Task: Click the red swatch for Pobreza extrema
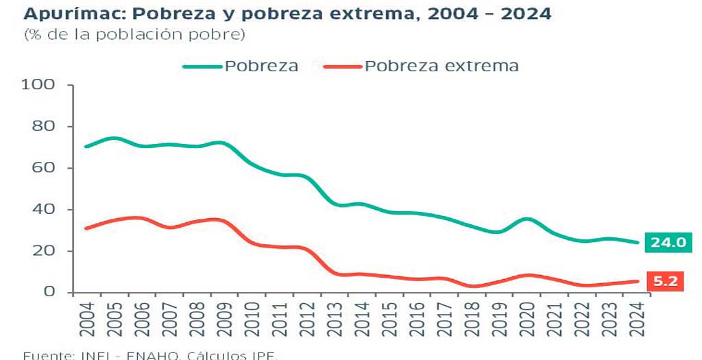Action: [341, 67]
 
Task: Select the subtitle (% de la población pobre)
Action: [134, 34]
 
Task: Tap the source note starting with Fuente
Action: [151, 355]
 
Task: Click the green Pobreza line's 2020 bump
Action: [526, 219]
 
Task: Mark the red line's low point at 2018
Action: [472, 286]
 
